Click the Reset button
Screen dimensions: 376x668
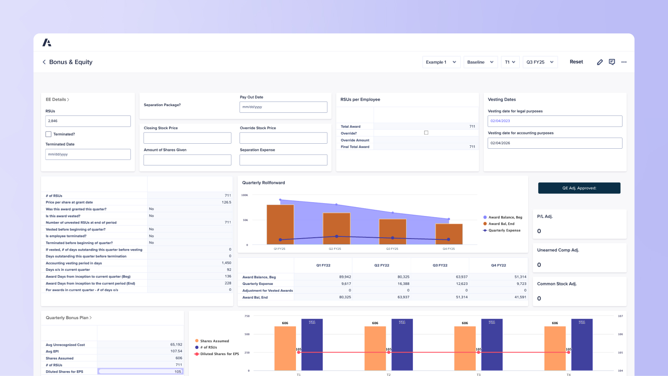coord(576,62)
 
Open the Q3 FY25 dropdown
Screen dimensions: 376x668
coord(540,62)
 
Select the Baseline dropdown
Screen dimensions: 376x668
coord(480,62)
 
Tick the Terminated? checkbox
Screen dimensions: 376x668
coord(48,134)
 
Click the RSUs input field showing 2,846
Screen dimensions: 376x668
coord(88,121)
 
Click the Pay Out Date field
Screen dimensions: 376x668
coord(283,107)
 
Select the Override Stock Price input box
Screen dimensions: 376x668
coord(283,138)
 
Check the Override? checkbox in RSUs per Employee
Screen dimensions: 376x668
coord(426,133)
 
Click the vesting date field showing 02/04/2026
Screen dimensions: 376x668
coord(554,143)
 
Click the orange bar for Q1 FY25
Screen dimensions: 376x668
coord(280,224)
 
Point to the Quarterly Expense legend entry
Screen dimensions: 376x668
coord(504,230)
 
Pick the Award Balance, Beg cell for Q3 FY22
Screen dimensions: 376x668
coord(440,277)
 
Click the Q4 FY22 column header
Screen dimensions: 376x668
coord(498,265)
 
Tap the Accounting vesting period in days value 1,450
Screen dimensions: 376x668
coord(226,263)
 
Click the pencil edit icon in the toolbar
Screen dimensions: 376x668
coord(600,62)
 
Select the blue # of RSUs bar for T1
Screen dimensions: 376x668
coord(312,345)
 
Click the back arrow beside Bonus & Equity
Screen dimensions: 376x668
coord(44,62)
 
